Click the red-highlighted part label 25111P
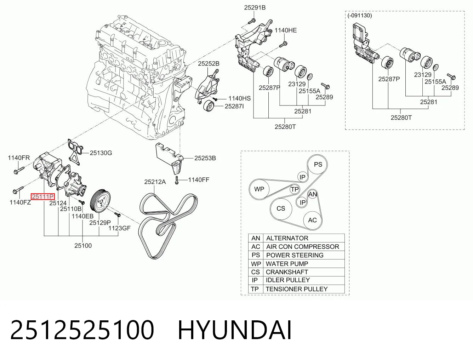pos(43,196)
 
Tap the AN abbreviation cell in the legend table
pos(256,238)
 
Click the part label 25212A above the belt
pos(155,182)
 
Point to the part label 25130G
pos(101,153)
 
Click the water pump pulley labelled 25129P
pos(100,201)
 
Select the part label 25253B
pos(205,158)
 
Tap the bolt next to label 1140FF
pos(177,180)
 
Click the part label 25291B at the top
pos(255,7)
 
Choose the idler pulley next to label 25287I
pos(209,106)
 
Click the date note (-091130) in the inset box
pos(360,16)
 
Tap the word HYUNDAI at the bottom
pos(234,330)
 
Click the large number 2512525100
pos(82,330)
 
